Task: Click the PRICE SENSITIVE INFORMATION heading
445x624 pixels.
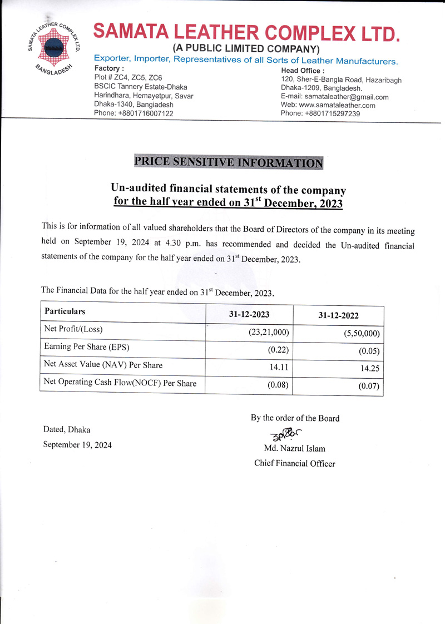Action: (229, 162)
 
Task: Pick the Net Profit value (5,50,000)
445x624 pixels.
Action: (362, 334)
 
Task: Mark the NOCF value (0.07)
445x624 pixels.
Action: (370, 386)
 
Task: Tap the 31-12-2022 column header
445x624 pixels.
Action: (338, 315)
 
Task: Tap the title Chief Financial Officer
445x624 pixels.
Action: (294, 463)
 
